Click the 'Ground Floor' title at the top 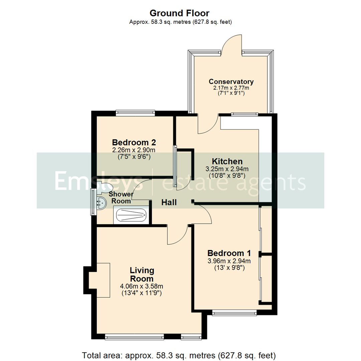click(x=179, y=13)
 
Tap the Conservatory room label click(x=231, y=82)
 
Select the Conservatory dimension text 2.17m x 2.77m click(x=231, y=88)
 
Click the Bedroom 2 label click(x=134, y=142)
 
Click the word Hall click(x=169, y=202)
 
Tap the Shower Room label click(x=121, y=198)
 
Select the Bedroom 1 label click(x=229, y=253)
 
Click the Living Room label click(x=142, y=274)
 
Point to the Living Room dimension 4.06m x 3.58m click(x=141, y=286)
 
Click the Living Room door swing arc click(x=177, y=236)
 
